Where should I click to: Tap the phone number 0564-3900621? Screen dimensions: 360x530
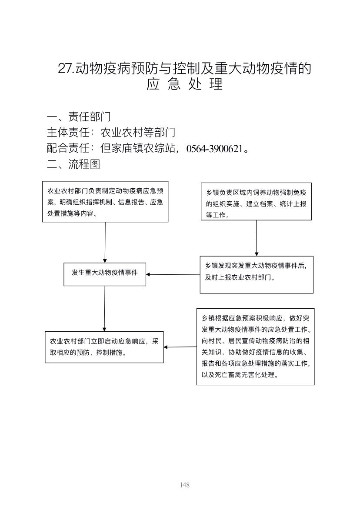point(214,149)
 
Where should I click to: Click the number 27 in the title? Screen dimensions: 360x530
point(65,69)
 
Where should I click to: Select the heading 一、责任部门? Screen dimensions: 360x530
point(79,117)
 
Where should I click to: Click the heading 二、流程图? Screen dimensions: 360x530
point(73,164)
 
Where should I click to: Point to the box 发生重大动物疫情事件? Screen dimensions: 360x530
point(105,274)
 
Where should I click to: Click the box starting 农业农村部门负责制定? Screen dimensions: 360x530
point(105,202)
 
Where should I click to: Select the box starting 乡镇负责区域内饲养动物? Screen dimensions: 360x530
point(256,201)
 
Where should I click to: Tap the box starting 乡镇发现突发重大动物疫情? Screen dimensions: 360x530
point(257,275)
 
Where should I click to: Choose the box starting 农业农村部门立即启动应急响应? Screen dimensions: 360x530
point(104,347)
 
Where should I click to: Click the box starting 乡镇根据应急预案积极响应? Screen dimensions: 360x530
point(256,347)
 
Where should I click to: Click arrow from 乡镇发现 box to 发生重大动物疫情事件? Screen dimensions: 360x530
point(173,274)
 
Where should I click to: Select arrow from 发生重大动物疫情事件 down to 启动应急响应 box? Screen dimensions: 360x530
point(104,309)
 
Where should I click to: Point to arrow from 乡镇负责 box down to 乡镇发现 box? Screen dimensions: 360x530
point(257,238)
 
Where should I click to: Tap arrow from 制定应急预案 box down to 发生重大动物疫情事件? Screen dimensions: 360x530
point(105,242)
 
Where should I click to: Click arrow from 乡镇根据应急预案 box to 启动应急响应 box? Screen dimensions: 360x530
point(180,347)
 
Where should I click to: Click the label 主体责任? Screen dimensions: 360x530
point(68,132)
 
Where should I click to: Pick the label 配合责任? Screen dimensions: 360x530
point(68,148)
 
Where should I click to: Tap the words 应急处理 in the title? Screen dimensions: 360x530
point(184,84)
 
